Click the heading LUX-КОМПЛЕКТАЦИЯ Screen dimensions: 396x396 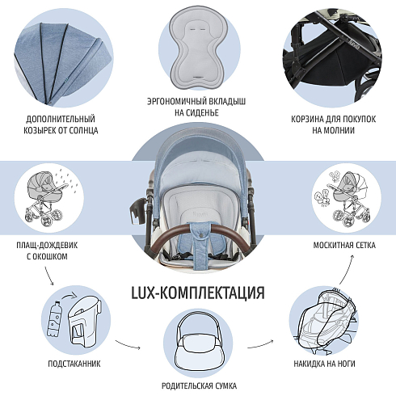pos(198,293)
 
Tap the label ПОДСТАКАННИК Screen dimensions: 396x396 pos(74,364)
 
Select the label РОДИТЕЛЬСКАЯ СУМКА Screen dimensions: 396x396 pos(199,385)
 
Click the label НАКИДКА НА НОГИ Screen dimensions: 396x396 pos(324,364)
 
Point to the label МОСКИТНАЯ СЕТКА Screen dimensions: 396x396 pos(344,245)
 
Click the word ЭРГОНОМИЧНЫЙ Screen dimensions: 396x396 pos(175,101)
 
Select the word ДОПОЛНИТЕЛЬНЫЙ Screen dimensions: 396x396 pos(61,119)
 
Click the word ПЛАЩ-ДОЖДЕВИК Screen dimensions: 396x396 pos(47,245)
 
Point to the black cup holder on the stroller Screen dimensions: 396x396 pos(137,211)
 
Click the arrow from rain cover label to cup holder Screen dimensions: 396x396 pos(48,276)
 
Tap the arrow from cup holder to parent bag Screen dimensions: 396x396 pos(128,345)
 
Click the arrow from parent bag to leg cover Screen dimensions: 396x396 pos(260,344)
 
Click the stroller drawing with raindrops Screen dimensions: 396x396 pos(48,198)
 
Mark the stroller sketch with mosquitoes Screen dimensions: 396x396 pos(346,198)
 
